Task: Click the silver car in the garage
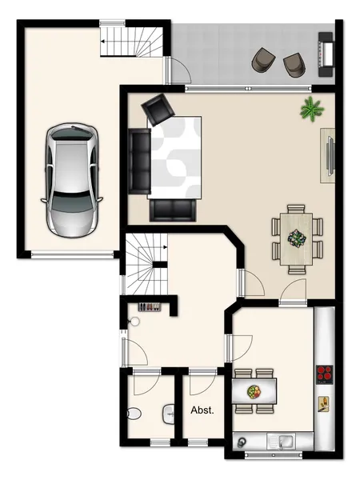[72, 181]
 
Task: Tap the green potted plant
[312, 109]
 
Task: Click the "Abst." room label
[202, 410]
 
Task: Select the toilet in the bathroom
[134, 414]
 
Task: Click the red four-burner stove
[325, 374]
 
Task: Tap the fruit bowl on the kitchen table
[254, 391]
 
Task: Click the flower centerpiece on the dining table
[296, 238]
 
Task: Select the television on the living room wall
[330, 156]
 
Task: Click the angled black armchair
[158, 110]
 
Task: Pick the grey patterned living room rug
[174, 157]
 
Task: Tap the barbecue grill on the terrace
[326, 54]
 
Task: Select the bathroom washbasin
[169, 414]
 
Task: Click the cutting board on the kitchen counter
[323, 403]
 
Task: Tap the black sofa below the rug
[172, 210]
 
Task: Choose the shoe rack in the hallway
[149, 306]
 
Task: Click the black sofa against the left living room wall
[139, 162]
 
